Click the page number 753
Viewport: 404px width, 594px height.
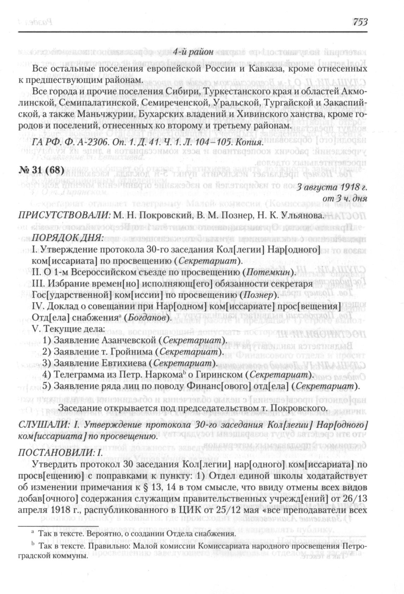[359, 22]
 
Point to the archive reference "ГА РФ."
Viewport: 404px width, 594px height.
[44, 143]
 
